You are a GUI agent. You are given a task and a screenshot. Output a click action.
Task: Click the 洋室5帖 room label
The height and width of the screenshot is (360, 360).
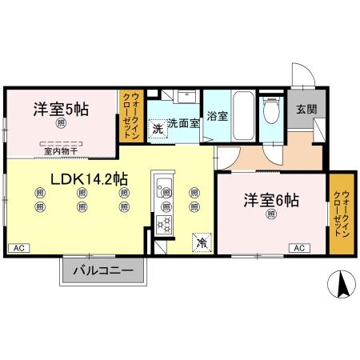(x=61, y=110)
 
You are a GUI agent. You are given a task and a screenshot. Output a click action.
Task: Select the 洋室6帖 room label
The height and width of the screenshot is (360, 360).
(x=272, y=200)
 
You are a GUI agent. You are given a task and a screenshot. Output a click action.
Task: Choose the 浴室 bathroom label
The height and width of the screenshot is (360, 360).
(x=216, y=115)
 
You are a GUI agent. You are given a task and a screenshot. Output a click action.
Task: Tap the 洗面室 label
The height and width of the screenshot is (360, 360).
(x=182, y=125)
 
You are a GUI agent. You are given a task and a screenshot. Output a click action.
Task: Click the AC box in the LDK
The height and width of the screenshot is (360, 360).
(x=18, y=249)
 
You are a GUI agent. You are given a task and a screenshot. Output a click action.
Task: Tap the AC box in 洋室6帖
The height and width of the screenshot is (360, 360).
(x=299, y=249)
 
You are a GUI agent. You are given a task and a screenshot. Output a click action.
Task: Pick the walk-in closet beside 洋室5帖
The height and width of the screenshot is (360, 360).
(x=130, y=117)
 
